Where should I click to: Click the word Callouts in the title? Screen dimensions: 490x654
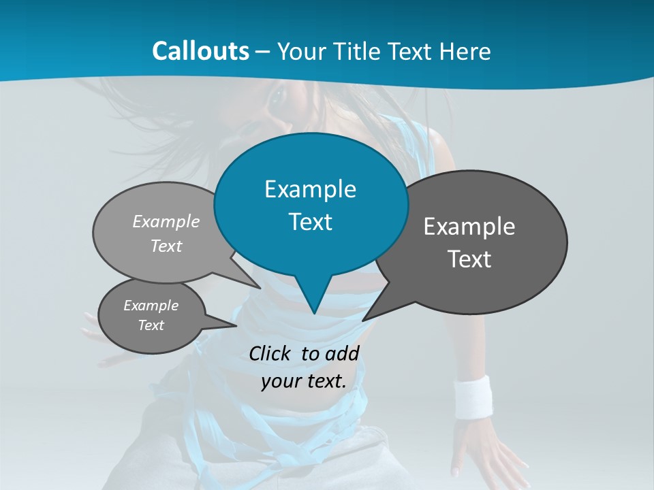pos(200,51)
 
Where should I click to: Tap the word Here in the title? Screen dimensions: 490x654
pos(465,51)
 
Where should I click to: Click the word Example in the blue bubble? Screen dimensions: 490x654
pos(310,189)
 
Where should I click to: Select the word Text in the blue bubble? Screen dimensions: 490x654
pos(310,222)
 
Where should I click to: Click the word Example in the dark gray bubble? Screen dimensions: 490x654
pos(469,227)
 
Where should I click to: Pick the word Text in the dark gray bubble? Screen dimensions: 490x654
pos(469,259)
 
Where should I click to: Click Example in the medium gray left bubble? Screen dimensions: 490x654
pos(166,221)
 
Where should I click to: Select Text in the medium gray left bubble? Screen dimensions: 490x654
pos(166,246)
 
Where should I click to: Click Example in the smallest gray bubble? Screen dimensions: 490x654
pos(151,306)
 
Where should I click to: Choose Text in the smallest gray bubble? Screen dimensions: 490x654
pos(151,325)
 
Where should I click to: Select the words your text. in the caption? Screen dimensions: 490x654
pos(304,382)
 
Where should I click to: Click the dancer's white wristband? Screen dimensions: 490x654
pos(473,396)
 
